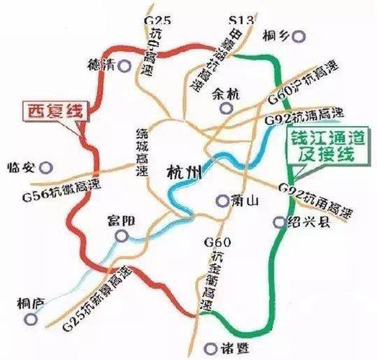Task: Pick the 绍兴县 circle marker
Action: (281, 222)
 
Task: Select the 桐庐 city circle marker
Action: (29, 318)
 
